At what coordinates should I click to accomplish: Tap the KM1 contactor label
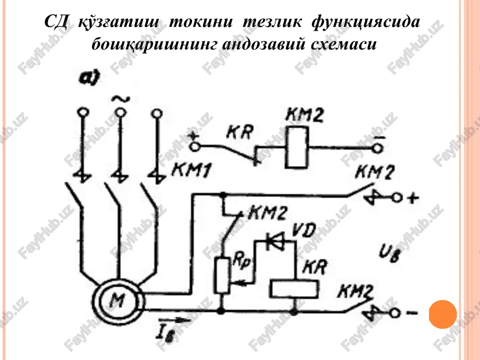(192, 170)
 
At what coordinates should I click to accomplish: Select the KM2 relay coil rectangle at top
(296, 147)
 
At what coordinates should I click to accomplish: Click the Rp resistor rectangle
(222, 276)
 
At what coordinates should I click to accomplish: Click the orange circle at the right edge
(443, 314)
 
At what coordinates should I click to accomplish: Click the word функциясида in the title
(366, 22)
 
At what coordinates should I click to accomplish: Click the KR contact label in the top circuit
(240, 132)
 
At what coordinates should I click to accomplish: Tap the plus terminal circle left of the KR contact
(195, 147)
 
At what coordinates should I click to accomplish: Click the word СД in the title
(55, 22)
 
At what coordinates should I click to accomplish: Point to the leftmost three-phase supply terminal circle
(83, 112)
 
